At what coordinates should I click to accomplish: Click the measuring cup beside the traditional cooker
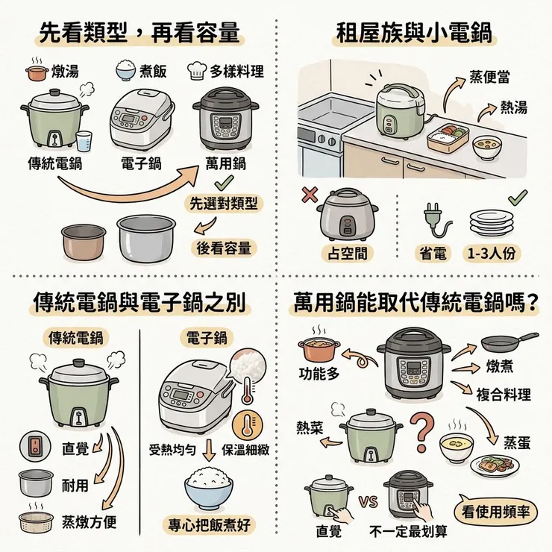click(84, 140)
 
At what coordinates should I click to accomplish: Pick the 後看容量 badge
click(223, 248)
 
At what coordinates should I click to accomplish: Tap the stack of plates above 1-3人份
click(491, 221)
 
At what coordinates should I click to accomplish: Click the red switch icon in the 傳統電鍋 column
click(31, 445)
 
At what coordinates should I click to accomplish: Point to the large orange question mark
click(422, 428)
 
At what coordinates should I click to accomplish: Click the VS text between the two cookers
click(368, 501)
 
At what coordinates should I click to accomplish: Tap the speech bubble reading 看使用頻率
click(495, 511)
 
